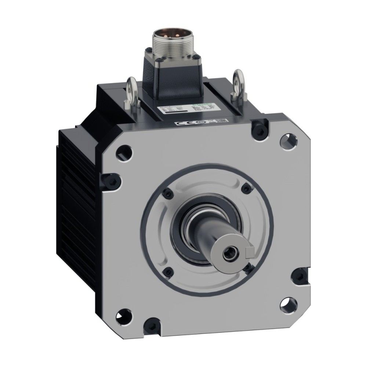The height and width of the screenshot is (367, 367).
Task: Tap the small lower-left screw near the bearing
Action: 168,271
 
